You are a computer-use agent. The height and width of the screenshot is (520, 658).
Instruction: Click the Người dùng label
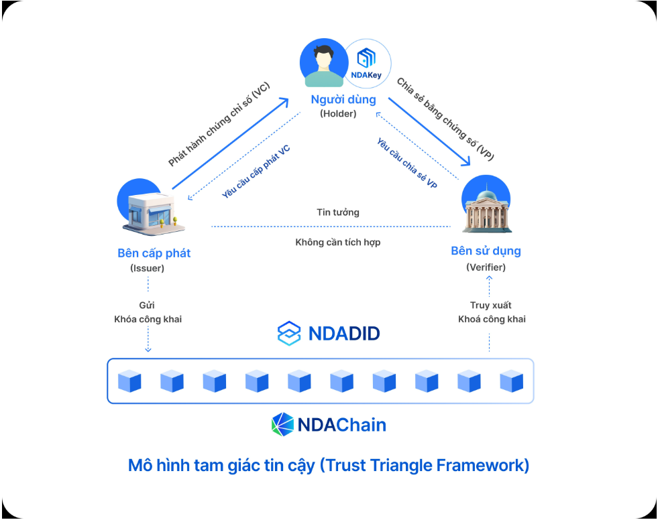343,100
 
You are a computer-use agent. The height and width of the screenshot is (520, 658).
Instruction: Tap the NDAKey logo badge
366,64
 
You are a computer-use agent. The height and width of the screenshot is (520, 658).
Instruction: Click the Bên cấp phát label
154,253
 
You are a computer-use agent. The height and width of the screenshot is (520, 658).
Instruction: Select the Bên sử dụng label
486,251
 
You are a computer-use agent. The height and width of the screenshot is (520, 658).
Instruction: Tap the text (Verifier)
486,267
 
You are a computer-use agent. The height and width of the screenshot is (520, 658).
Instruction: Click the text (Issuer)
148,268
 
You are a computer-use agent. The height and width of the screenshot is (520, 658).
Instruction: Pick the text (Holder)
338,114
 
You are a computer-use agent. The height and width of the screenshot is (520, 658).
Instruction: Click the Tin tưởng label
338,212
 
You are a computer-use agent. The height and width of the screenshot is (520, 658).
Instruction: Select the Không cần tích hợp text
338,242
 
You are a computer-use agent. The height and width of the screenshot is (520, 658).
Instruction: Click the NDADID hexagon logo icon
289,333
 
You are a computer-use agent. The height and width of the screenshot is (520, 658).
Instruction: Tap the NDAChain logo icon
282,424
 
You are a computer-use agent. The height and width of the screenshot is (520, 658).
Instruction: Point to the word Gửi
148,306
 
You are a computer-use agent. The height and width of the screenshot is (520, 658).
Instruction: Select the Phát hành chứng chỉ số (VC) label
219,127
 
